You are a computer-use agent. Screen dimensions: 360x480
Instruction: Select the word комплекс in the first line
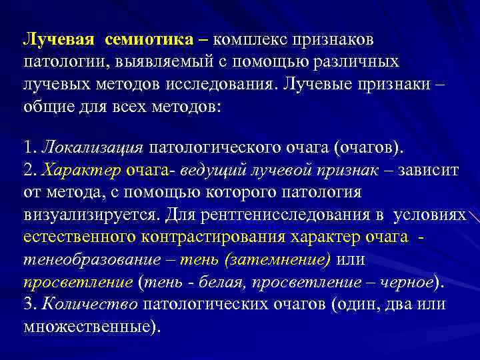pyautogui.click(x=245, y=40)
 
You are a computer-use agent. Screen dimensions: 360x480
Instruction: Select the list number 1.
pyautogui.click(x=29, y=147)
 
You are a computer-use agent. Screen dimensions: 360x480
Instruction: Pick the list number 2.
pyautogui.click(x=29, y=170)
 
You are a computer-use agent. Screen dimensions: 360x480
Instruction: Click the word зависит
pyautogui.click(x=431, y=170)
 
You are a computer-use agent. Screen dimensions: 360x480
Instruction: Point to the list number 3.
pyautogui.click(x=29, y=305)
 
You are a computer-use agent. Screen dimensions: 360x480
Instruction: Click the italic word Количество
pyautogui.click(x=90, y=305)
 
